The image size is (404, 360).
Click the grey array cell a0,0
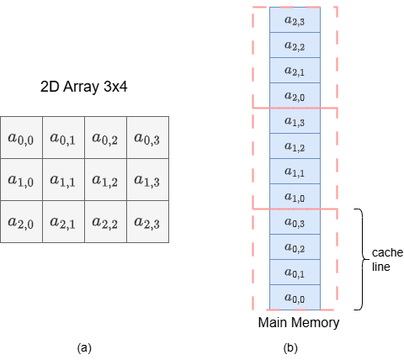point(21,138)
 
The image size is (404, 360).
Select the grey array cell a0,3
point(148,138)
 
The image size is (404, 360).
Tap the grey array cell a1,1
point(64,180)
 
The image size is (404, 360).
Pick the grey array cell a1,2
point(106,180)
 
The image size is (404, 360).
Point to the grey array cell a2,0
point(21,222)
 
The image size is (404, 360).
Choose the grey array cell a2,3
point(148,222)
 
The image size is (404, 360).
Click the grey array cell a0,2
point(106,138)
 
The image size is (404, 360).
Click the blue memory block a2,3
point(295,20)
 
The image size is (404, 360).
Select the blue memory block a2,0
point(295,96)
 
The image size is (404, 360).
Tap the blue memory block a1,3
point(295,121)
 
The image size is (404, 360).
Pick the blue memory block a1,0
point(295,197)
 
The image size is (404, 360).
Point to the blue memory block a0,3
point(295,222)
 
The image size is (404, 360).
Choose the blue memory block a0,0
point(295,298)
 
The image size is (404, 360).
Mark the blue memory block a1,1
point(295,172)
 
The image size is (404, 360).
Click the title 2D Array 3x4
point(84,87)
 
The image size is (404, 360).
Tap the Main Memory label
point(299,322)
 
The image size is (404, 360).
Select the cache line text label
point(387,260)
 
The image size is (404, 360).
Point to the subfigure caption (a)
point(84,348)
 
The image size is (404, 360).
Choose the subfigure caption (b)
point(290,348)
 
